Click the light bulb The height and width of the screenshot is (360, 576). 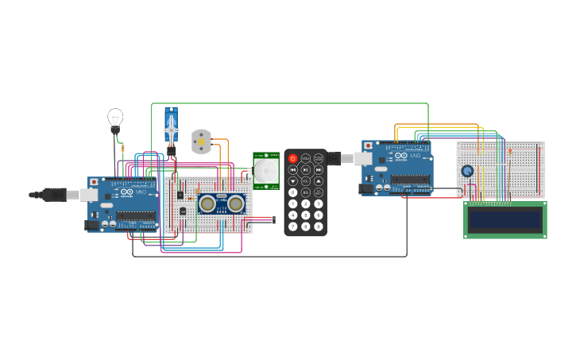pos(115,118)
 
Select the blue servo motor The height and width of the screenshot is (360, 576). pos(171,125)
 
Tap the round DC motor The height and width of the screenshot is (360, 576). pos(202,141)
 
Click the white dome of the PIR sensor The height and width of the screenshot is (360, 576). pos(266,169)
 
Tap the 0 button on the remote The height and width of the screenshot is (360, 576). pos(292,192)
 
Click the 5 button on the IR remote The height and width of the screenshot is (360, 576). pos(305,215)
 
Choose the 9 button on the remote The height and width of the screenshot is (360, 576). pos(318,226)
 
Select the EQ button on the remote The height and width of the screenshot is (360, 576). pos(305,192)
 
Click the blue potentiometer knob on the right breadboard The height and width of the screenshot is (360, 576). pos(467,171)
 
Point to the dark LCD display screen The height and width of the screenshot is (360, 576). pos(504,219)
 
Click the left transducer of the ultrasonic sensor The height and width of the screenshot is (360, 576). pos(209,203)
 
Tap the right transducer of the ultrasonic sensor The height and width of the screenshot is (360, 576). pos(235,203)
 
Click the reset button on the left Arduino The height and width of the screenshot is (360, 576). pos(95,182)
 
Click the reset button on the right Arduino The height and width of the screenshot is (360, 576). pos(368,145)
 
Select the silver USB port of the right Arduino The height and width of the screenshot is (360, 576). pos(362,159)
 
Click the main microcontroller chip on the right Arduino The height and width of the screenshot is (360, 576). pos(411,179)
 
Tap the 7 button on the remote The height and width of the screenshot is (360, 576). pos(292,226)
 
